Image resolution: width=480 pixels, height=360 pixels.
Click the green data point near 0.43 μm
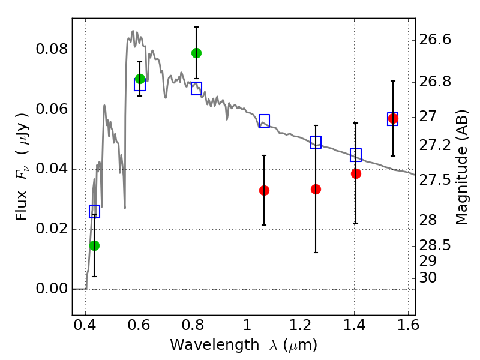click(94, 245)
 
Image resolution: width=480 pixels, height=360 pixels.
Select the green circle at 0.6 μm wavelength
click(140, 79)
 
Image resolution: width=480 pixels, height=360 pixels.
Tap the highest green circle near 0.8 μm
click(196, 53)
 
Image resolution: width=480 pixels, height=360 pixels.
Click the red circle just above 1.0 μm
click(264, 190)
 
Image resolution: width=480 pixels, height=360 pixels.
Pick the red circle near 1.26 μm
click(316, 189)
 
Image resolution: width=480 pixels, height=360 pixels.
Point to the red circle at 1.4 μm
click(356, 173)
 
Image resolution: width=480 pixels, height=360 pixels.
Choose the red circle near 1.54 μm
click(393, 118)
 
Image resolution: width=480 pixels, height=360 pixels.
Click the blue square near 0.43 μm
click(94, 211)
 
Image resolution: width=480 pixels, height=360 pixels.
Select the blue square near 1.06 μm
click(264, 121)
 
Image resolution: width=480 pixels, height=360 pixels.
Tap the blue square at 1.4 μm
click(356, 155)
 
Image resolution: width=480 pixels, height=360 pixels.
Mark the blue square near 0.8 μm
click(196, 89)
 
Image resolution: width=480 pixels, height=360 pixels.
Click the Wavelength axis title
click(243, 345)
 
